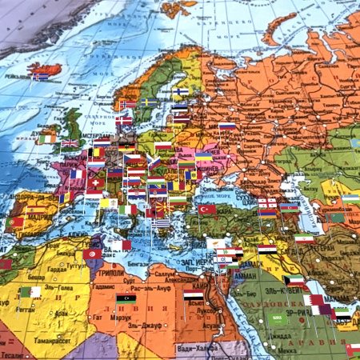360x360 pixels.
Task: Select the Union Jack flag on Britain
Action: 70,144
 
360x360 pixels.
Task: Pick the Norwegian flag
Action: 127,104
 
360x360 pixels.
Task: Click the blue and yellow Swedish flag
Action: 149,102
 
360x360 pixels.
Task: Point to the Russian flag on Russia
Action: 227,126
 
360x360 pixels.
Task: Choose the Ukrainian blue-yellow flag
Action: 204,157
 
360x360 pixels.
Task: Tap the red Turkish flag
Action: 207,209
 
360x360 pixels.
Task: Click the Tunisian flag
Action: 91,254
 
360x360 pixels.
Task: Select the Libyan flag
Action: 126,299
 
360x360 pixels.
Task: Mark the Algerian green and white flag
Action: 29,292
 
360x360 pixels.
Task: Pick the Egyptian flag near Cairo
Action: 193,294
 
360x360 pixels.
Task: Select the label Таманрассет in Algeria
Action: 24,353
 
